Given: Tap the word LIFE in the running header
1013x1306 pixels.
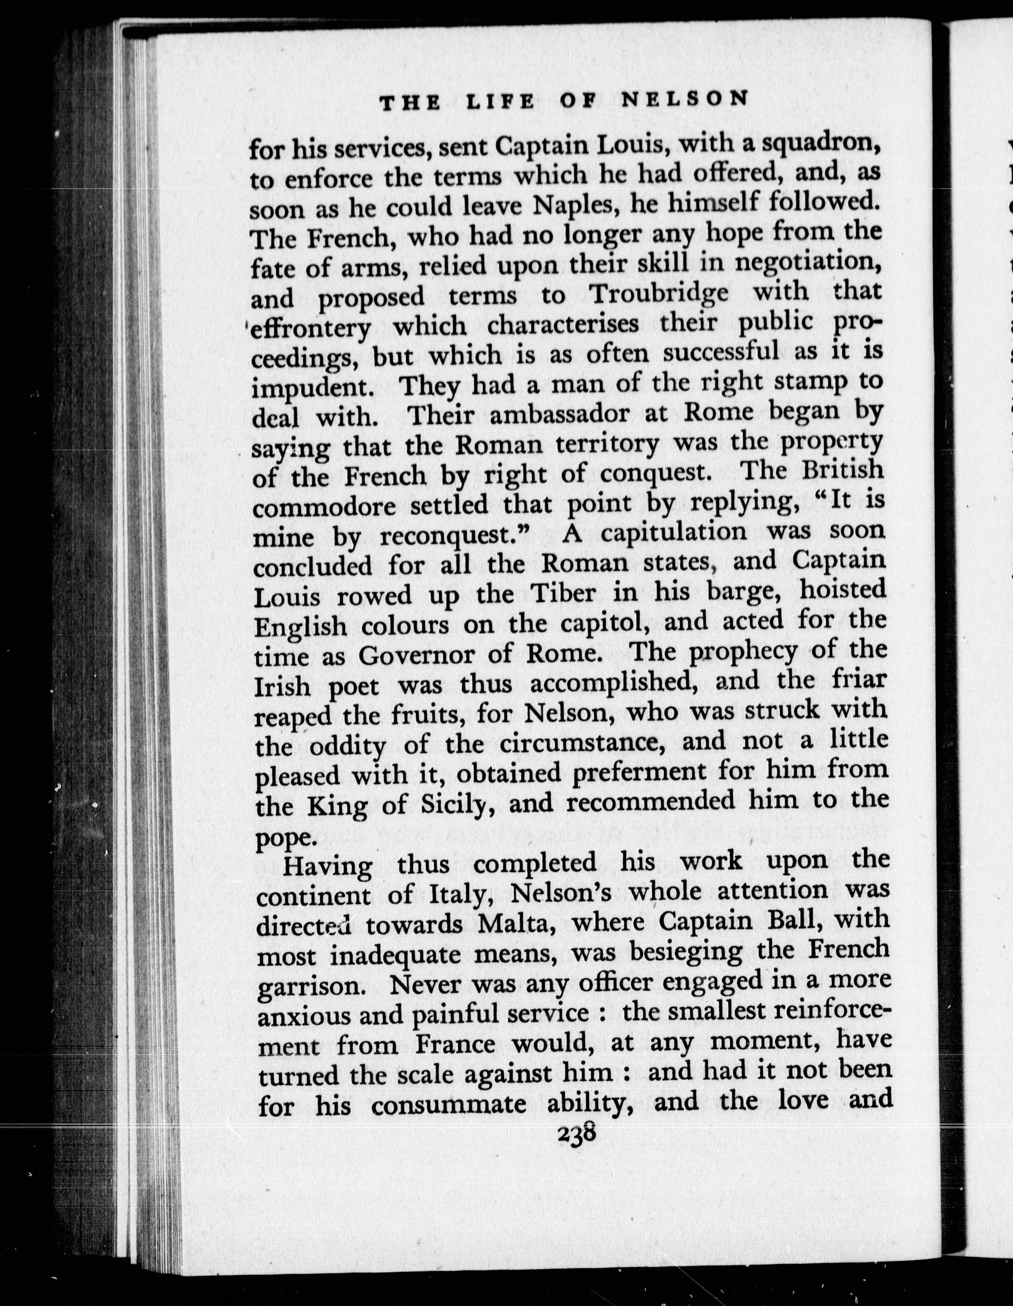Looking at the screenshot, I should click(x=500, y=101).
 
